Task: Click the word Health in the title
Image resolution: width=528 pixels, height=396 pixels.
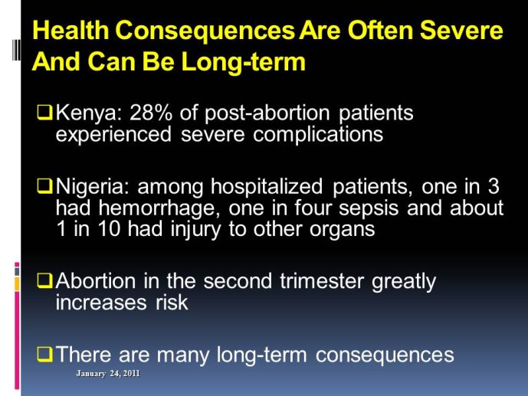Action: click(x=71, y=30)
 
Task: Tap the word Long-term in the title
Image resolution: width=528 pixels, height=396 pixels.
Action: click(x=243, y=63)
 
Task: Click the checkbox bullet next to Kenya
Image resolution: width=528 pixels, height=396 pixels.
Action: click(x=44, y=113)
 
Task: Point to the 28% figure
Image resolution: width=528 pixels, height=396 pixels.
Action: click(x=150, y=113)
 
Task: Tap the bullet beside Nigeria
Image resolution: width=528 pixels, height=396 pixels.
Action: click(x=44, y=186)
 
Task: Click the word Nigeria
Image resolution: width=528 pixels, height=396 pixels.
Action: click(x=92, y=187)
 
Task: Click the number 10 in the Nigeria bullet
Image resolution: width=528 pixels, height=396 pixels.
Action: click(x=109, y=229)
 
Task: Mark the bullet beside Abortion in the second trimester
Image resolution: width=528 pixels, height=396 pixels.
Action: click(x=44, y=280)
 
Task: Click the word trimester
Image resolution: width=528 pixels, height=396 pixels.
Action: click(x=322, y=281)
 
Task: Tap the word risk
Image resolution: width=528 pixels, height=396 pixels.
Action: click(x=172, y=302)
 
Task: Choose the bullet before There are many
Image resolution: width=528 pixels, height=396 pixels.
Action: click(x=44, y=354)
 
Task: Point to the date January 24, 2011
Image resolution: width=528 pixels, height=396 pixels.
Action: click(x=108, y=374)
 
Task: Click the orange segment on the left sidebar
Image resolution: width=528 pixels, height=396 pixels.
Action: click(x=17, y=284)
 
